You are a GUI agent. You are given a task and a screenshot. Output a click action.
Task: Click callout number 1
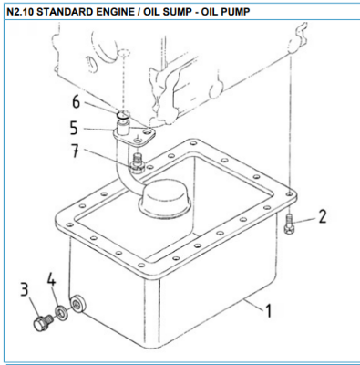(269, 311)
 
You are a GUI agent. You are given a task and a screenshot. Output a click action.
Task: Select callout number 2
(322, 216)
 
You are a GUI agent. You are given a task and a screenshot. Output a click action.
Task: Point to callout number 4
(52, 279)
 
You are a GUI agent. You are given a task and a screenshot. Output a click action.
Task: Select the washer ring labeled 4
(59, 313)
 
